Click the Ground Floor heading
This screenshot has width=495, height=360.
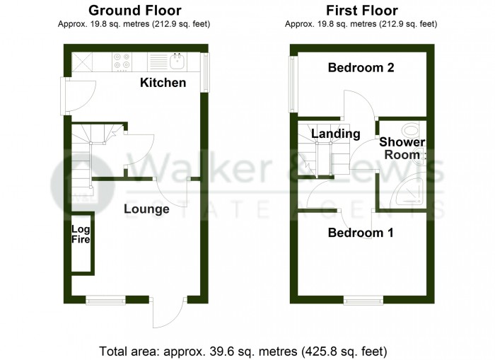[x=134, y=11]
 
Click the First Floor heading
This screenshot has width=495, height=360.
[x=361, y=11]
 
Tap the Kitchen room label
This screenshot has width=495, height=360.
[x=163, y=83]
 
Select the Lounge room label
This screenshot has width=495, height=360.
[x=146, y=209]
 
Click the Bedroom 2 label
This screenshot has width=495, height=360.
[x=361, y=68]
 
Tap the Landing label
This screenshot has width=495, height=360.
[x=336, y=134]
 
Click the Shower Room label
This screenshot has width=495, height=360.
[x=404, y=149]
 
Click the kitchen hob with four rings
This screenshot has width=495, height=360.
[x=121, y=63]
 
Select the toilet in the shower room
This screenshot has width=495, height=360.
[x=411, y=131]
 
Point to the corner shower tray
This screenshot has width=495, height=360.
[x=408, y=191]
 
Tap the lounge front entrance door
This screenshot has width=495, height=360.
[x=168, y=311]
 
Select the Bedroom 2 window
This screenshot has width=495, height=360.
[x=291, y=83]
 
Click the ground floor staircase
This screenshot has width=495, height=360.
[x=83, y=156]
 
